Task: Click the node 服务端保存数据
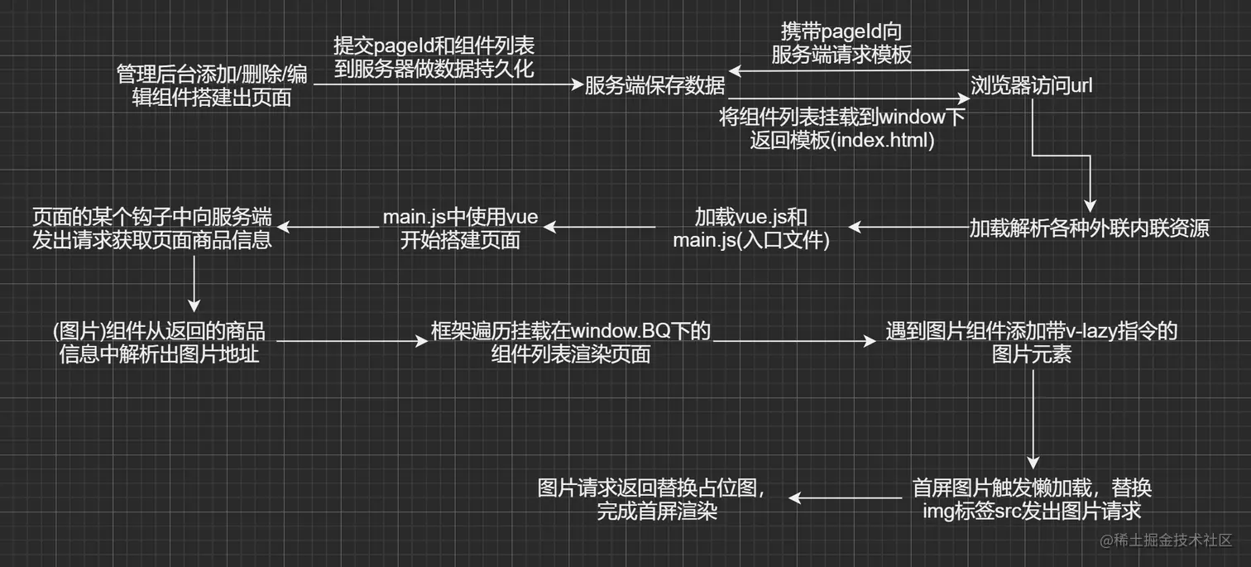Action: [654, 85]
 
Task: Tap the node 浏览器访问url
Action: [1032, 85]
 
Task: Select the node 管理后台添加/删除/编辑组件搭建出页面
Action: [212, 86]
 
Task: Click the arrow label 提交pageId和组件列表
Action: [434, 46]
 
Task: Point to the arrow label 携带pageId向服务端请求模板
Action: [841, 43]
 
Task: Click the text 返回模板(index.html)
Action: [842, 140]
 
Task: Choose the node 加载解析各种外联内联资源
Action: [1089, 228]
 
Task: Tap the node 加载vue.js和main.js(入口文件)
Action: [750, 228]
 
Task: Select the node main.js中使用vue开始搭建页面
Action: [460, 228]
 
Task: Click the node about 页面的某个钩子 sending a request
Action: [152, 228]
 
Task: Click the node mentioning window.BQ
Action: [571, 343]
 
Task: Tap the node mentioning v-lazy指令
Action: [1031, 343]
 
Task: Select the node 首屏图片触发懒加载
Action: [1031, 498]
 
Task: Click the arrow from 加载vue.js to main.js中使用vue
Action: [600, 227]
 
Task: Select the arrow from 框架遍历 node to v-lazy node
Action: [786, 340]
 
